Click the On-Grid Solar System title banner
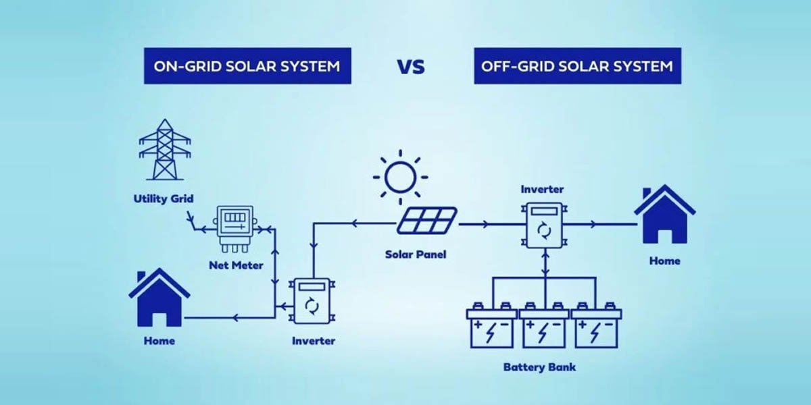(x=247, y=65)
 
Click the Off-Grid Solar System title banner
(x=577, y=65)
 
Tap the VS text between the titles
(x=411, y=66)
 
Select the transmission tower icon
(x=164, y=151)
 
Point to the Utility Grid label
(x=164, y=199)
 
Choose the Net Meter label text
(x=236, y=265)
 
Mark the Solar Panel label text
(x=416, y=255)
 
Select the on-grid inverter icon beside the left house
(x=312, y=304)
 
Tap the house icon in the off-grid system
(x=664, y=216)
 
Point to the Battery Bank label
(x=540, y=368)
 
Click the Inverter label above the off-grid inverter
(x=542, y=190)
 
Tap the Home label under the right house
(x=664, y=261)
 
